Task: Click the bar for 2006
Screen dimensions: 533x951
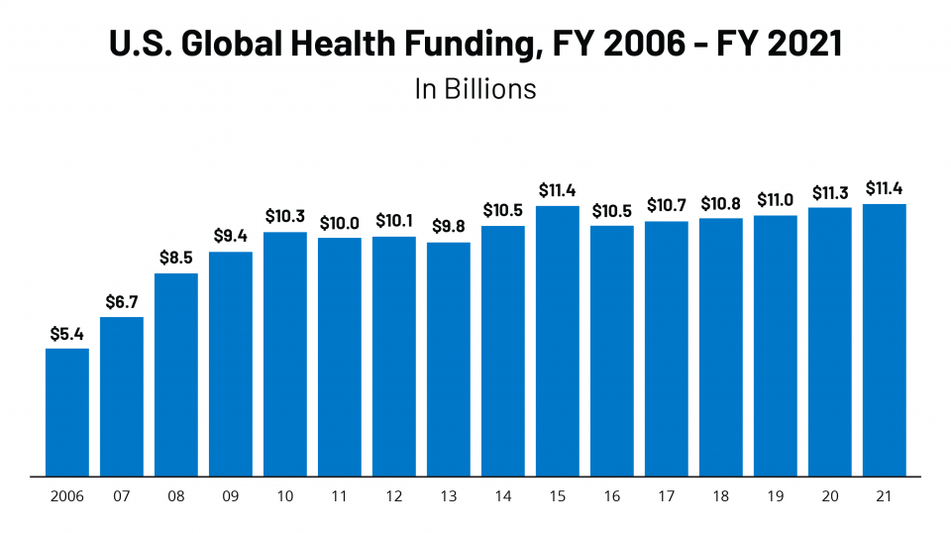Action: (67, 412)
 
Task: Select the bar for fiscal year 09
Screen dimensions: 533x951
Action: (231, 364)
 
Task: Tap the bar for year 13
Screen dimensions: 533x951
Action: (449, 359)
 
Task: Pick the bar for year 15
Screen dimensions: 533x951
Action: (558, 341)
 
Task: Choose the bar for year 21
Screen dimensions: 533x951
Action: (885, 340)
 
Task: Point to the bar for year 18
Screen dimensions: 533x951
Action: (721, 347)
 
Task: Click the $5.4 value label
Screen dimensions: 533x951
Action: (67, 334)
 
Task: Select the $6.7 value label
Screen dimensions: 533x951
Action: (122, 302)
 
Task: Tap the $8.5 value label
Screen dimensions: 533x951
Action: (176, 258)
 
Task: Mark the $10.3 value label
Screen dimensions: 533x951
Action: (285, 217)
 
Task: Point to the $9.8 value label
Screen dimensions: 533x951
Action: (449, 227)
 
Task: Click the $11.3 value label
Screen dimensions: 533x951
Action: (830, 192)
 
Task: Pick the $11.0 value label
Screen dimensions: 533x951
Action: (776, 200)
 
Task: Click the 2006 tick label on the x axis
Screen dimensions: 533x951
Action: (67, 496)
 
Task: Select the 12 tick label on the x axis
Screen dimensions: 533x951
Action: (394, 496)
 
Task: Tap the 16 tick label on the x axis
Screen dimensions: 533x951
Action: (612, 496)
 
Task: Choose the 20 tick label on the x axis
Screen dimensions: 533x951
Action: (830, 496)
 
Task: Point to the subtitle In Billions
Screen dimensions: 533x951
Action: (475, 89)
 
